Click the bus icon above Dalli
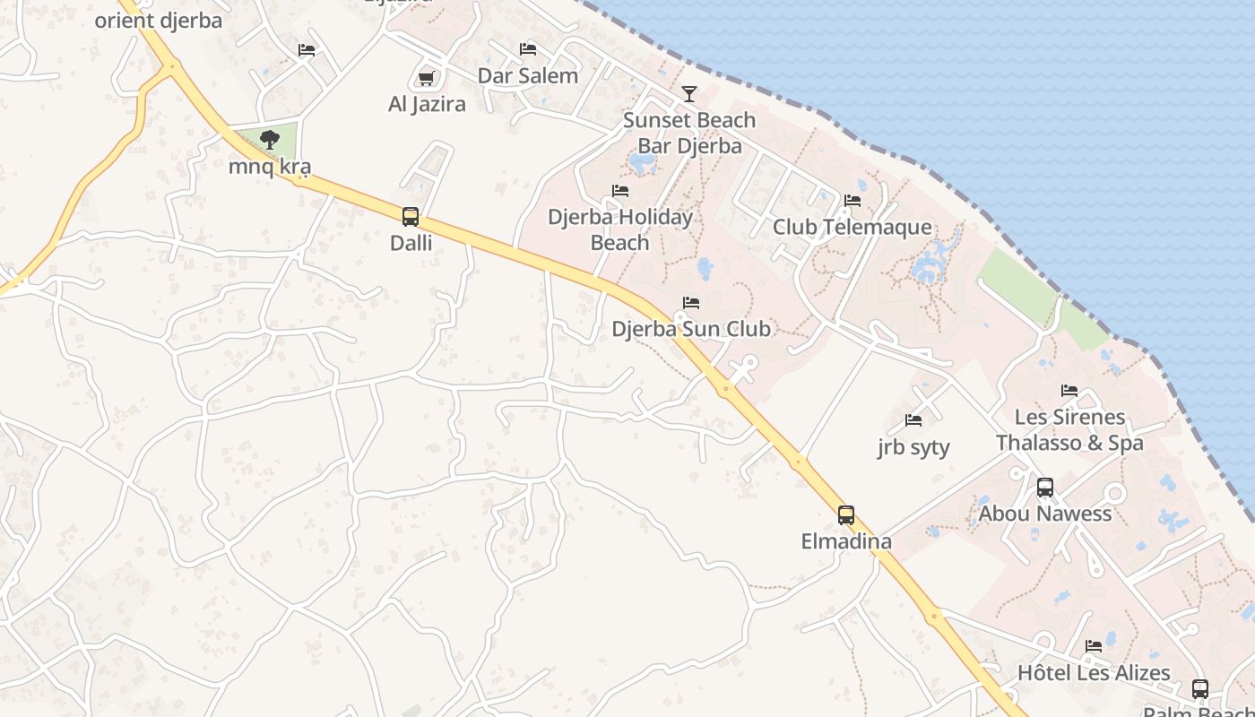pos(411,216)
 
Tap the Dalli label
pos(411,242)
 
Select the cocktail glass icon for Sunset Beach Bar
pos(688,93)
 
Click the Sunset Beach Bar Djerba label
pos(689,133)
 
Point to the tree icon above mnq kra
pos(269,139)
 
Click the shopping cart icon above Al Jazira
pos(427,78)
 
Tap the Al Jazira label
pos(427,104)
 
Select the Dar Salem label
pos(528,75)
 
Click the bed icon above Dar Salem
pos(528,48)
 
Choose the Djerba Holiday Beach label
pos(620,229)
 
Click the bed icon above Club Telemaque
pos(853,200)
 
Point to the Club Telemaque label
pos(853,227)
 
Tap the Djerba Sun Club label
pos(691,329)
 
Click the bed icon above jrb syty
pos(913,419)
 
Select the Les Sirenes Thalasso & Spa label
pos(1069,429)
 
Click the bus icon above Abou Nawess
pos(1045,488)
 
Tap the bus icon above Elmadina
pos(846,514)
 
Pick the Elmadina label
pos(846,541)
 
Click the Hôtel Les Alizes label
pos(1094,672)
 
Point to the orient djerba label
pos(159,20)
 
